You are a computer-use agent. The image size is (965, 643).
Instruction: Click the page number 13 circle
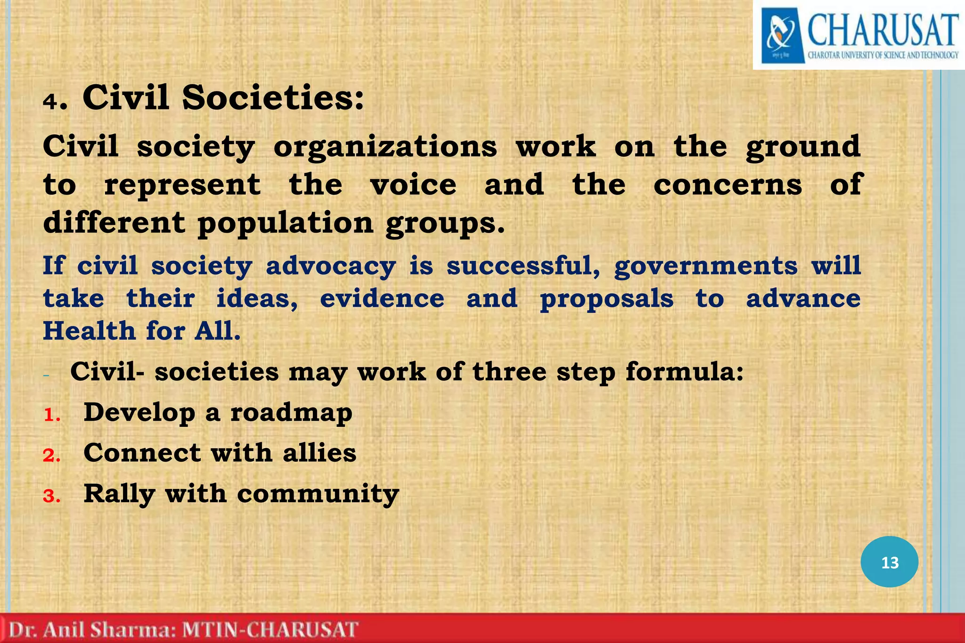pyautogui.click(x=889, y=562)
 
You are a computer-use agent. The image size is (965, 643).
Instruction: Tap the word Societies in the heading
pyautogui.click(x=273, y=98)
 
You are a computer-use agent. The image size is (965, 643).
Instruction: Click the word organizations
pyautogui.click(x=385, y=147)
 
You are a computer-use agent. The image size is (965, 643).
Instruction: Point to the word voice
pyautogui.click(x=413, y=185)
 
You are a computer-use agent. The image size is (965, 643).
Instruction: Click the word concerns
pyautogui.click(x=728, y=185)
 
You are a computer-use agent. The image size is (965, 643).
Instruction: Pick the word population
pyautogui.click(x=286, y=223)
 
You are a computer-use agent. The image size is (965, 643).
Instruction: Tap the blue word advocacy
pyautogui.click(x=331, y=266)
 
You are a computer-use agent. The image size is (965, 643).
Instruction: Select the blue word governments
pyautogui.click(x=706, y=266)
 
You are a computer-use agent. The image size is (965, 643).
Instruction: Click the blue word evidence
pyautogui.click(x=382, y=299)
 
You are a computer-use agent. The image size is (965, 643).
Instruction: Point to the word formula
pyautogui.click(x=684, y=372)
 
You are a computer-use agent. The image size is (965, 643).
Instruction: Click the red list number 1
pyautogui.click(x=52, y=415)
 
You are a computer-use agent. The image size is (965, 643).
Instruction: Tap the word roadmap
pyautogui.click(x=291, y=413)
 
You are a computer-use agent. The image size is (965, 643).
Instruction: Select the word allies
pyautogui.click(x=319, y=453)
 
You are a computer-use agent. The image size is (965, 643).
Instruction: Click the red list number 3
pyautogui.click(x=52, y=496)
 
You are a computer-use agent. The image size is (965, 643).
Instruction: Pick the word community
pyautogui.click(x=318, y=495)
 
